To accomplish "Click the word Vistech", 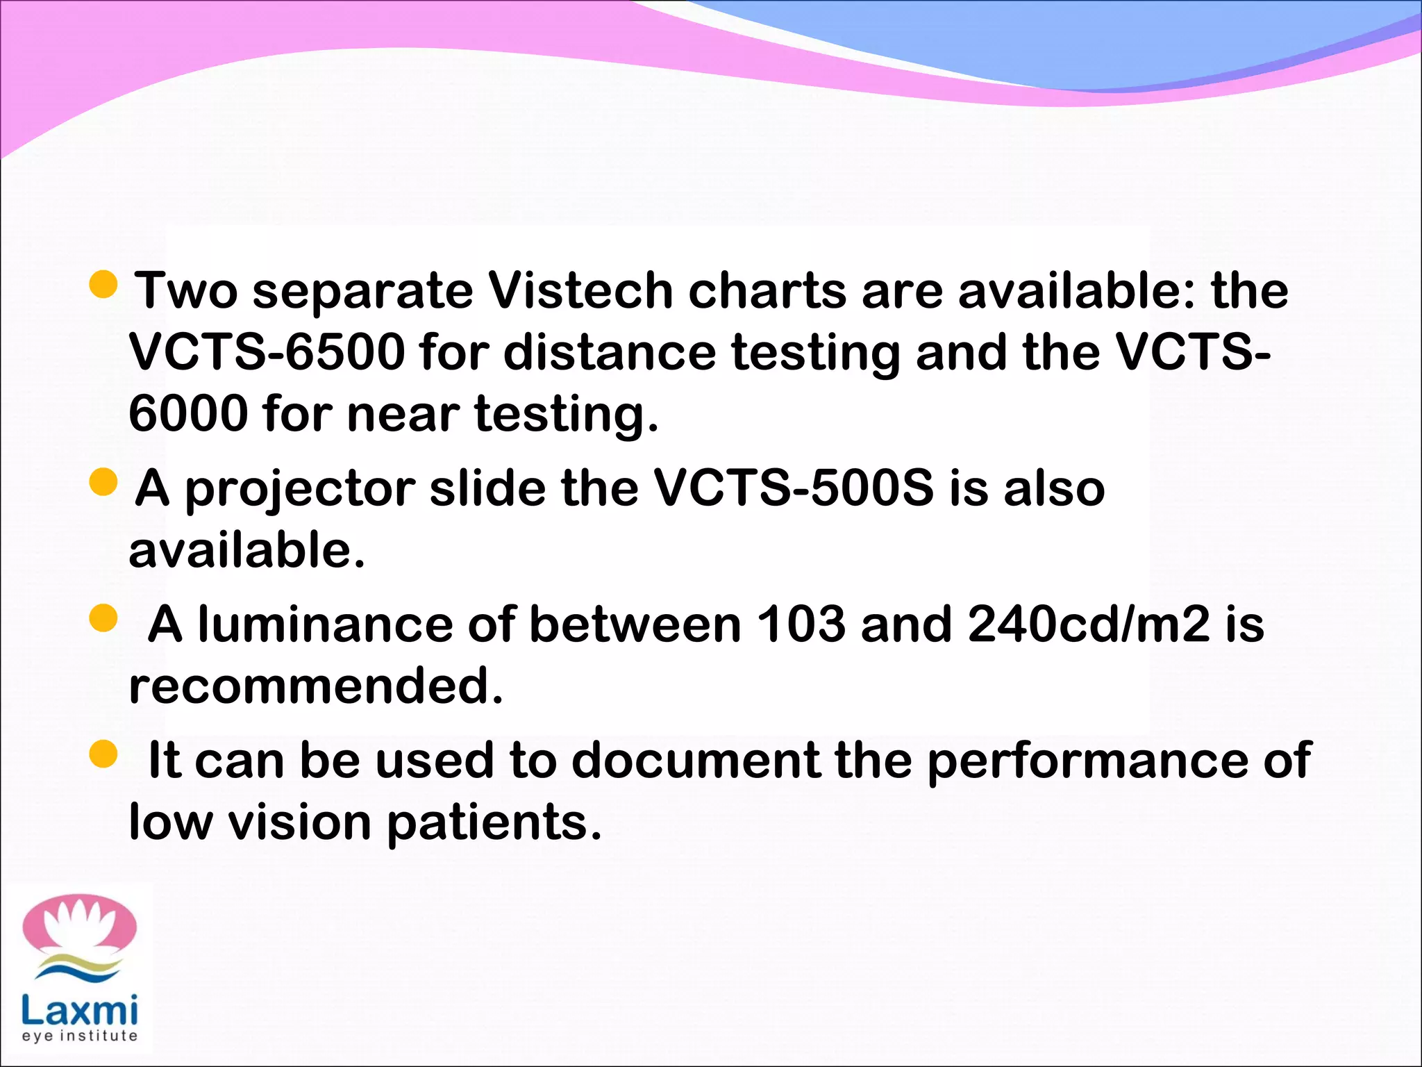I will (x=580, y=290).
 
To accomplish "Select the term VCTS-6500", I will (x=267, y=351).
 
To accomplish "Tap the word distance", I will (x=609, y=351).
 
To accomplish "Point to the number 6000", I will (x=188, y=413).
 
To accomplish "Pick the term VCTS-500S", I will (x=794, y=488).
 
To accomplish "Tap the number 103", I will (x=800, y=624).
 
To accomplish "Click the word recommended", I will (x=315, y=686).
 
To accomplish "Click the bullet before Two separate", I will (x=104, y=284).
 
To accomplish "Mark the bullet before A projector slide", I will (x=104, y=482).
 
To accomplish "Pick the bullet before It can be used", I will (x=104, y=754).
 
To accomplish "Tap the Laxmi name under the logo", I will (x=80, y=1011).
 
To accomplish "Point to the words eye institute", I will (x=80, y=1036).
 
